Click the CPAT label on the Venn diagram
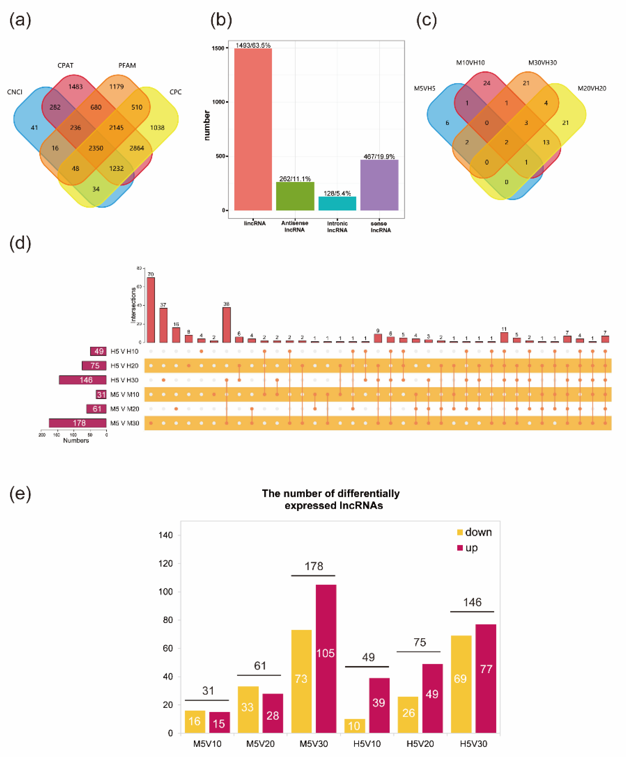tap(65, 65)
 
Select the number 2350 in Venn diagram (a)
tap(96, 148)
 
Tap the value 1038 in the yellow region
tap(157, 128)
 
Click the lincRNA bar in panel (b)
tap(253, 130)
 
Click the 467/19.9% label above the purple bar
tap(379, 156)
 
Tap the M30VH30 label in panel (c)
tap(542, 63)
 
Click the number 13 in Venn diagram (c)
tap(546, 142)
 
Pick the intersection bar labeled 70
tap(151, 310)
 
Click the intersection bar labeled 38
tap(226, 325)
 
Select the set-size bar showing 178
tap(78, 423)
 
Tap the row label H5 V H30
tap(124, 380)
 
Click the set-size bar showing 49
tap(98, 351)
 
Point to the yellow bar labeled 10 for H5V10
tap(354, 726)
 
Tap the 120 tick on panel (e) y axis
tap(166, 564)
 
